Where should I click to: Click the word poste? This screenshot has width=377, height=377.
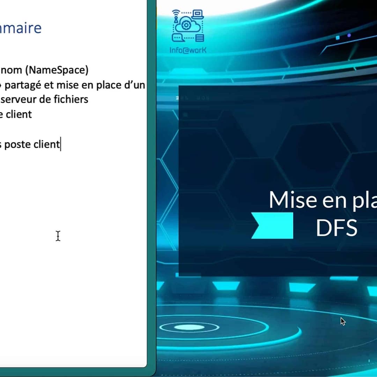pyautogui.click(x=17, y=144)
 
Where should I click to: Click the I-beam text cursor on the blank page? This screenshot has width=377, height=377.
pyautogui.click(x=58, y=236)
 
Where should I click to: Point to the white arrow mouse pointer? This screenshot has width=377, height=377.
pyautogui.click(x=343, y=321)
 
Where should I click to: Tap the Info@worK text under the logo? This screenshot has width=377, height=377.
pyautogui.click(x=188, y=50)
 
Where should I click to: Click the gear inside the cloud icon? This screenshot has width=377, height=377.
pyautogui.click(x=186, y=25)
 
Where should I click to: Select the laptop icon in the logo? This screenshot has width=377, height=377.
pyautogui.click(x=198, y=14)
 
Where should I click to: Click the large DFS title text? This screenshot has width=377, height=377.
pyautogui.click(x=336, y=228)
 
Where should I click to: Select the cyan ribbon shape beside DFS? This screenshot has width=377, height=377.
pyautogui.click(x=272, y=226)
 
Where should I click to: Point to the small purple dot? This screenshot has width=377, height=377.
pyautogui.click(x=349, y=36)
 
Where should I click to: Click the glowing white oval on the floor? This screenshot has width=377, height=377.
pyautogui.click(x=184, y=327)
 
